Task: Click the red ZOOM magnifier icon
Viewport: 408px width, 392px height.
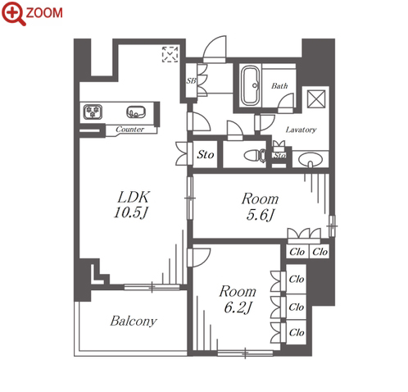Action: click(14, 13)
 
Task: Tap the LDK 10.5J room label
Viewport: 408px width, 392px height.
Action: click(132, 205)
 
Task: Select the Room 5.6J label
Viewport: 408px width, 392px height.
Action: click(260, 207)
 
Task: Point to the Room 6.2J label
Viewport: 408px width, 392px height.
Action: click(238, 299)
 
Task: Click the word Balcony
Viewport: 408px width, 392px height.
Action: click(134, 321)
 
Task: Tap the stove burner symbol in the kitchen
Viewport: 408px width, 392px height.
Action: click(93, 112)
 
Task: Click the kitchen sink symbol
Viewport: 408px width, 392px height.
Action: click(136, 112)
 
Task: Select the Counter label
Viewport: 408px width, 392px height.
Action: click(129, 129)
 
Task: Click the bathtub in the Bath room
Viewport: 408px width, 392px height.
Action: click(250, 85)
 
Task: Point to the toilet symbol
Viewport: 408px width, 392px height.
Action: click(255, 156)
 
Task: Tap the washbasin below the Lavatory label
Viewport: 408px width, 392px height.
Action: click(311, 160)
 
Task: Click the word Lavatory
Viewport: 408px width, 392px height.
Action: click(301, 130)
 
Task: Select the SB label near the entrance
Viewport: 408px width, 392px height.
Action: click(191, 80)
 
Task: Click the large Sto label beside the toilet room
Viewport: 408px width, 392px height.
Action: click(206, 155)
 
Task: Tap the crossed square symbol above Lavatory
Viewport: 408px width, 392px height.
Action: click(316, 99)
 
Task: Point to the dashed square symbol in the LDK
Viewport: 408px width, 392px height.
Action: click(170, 54)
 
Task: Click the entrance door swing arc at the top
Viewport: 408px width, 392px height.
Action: click(215, 49)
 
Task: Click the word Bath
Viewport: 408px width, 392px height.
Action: click(279, 86)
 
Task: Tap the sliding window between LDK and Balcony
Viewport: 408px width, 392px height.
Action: click(152, 287)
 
